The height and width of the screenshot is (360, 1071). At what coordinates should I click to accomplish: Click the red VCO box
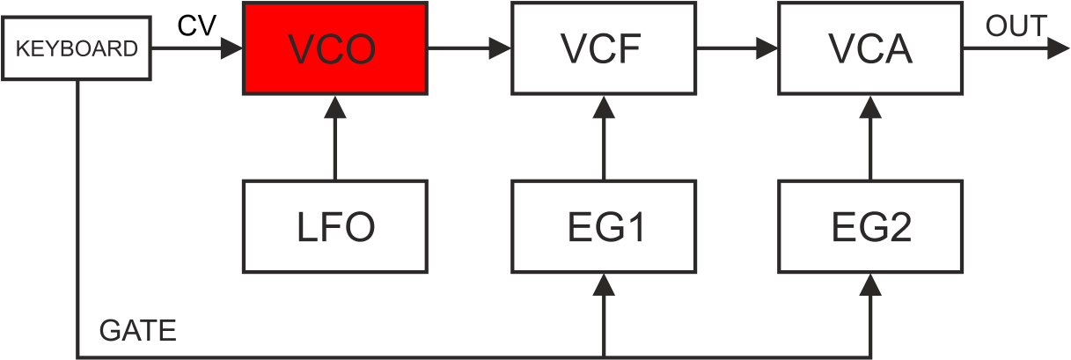coord(334,48)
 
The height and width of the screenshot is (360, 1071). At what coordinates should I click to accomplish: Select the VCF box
coord(604,48)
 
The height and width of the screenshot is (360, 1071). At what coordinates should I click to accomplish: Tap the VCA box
coord(870,48)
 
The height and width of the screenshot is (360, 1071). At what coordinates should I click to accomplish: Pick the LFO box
coord(334,226)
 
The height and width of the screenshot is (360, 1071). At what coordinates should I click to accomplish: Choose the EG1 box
coord(604,226)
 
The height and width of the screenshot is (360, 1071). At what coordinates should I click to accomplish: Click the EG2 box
coord(870,226)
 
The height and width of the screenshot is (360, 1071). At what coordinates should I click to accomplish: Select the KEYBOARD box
coord(77,48)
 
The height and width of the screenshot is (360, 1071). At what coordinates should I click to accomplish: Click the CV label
coord(196,26)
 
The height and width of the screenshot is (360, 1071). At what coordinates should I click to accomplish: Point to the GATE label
coord(137,330)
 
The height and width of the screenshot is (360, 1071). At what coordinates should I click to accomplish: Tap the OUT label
coord(1016,26)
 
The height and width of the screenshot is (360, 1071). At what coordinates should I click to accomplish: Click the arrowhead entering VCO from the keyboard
coord(231,48)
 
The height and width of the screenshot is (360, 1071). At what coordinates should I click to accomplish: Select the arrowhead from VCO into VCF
coord(500,48)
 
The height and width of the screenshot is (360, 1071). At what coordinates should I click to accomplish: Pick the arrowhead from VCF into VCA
coord(767,48)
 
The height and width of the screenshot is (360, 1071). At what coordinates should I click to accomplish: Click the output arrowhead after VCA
coord(1058,48)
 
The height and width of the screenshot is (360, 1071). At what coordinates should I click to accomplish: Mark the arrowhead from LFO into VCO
coord(334,107)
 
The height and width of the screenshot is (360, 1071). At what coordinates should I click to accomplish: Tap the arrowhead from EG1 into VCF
coord(604,107)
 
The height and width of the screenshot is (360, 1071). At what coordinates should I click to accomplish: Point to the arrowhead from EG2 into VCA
coord(870,107)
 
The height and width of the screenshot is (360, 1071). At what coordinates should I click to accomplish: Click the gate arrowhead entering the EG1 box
coord(604,285)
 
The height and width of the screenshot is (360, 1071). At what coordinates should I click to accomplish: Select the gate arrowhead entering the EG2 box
coord(870,285)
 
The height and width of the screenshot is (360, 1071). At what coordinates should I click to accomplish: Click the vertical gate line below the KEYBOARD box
coord(77,219)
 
